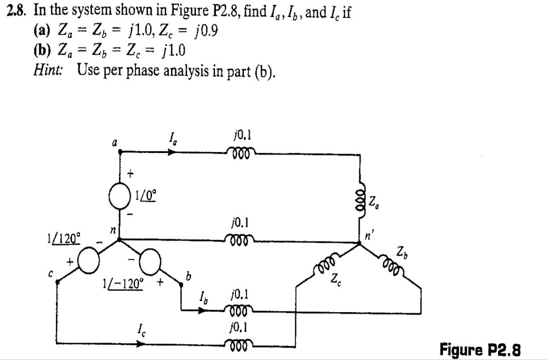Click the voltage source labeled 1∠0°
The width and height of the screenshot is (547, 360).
[120, 198]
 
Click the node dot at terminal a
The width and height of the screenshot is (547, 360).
[120, 152]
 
